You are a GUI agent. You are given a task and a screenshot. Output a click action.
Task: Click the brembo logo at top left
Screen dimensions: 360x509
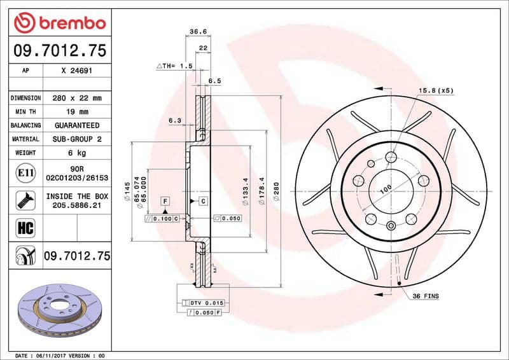pos(59,23)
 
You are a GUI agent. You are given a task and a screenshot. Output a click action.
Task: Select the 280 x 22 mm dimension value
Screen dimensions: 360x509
pos(76,98)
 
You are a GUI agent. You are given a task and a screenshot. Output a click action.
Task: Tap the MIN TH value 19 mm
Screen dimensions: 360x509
pos(76,112)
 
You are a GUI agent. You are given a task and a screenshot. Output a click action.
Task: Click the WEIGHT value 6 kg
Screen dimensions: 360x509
pos(76,153)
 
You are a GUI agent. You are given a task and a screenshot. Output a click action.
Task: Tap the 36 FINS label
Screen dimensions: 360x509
pos(426,296)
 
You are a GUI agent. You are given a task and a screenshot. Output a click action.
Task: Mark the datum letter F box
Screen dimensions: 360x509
pos(164,201)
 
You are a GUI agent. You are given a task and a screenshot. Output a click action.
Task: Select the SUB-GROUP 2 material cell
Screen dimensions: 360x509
pos(76,139)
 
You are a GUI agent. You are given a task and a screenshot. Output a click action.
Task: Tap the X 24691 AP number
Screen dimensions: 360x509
pos(76,71)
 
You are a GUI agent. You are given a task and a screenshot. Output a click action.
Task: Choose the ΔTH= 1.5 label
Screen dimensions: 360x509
pos(174,66)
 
